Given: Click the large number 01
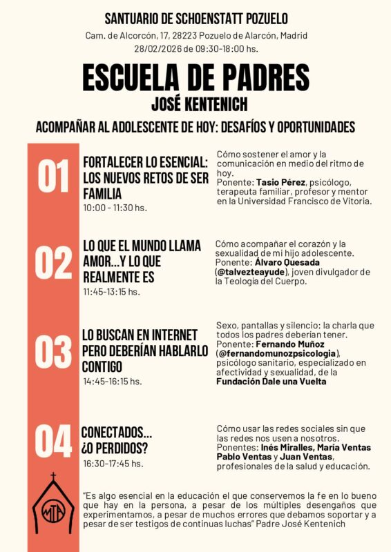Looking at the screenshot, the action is tap(53, 177).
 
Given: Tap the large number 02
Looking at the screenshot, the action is tap(53, 263).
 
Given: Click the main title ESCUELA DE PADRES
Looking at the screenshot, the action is tap(195, 79).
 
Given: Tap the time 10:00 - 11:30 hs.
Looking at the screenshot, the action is tap(115, 208).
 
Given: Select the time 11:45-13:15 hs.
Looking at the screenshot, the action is tap(111, 292).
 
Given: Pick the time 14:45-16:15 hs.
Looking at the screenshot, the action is tap(113, 381).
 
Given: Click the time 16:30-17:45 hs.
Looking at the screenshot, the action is tap(113, 464).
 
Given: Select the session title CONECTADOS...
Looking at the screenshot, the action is tap(117, 433).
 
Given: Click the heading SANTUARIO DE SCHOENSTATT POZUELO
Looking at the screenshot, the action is tap(195, 19).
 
